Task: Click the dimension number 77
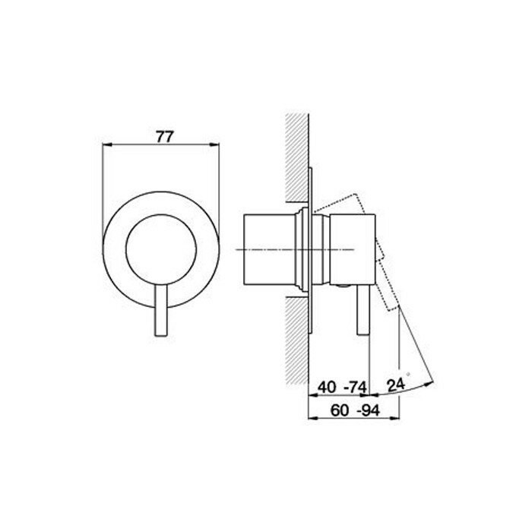pyautogui.click(x=165, y=137)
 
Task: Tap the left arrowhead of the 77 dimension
pyautogui.click(x=106, y=145)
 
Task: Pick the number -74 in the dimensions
pyautogui.click(x=354, y=387)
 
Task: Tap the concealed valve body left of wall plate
pyautogui.click(x=266, y=249)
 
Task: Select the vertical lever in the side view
pyautogui.click(x=363, y=312)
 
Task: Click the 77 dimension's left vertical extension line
pyautogui.click(x=102, y=190)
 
